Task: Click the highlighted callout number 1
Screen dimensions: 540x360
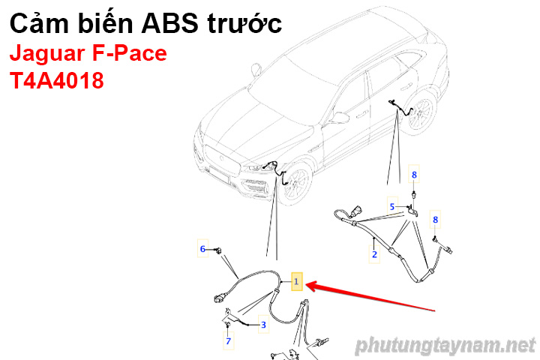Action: tap(296, 281)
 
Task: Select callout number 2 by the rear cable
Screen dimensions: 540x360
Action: tap(374, 254)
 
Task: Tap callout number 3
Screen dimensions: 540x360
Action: tap(263, 325)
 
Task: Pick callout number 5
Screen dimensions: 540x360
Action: tap(392, 206)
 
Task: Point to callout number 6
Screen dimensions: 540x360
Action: tap(202, 248)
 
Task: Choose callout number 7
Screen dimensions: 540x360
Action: tap(228, 340)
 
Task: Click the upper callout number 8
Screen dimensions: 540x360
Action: tap(414, 175)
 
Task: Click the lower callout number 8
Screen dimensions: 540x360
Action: tap(435, 220)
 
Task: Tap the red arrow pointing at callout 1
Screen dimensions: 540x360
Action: tap(370, 296)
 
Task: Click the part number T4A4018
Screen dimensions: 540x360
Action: tap(57, 80)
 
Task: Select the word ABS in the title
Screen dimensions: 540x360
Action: tap(170, 23)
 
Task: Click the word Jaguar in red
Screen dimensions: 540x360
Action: tap(47, 55)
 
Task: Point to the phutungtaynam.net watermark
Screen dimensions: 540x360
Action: tap(445, 346)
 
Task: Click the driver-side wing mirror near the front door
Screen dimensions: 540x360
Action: tap(338, 118)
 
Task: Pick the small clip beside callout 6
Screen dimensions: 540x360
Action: tap(218, 250)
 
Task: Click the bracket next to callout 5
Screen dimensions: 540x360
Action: tap(412, 211)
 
